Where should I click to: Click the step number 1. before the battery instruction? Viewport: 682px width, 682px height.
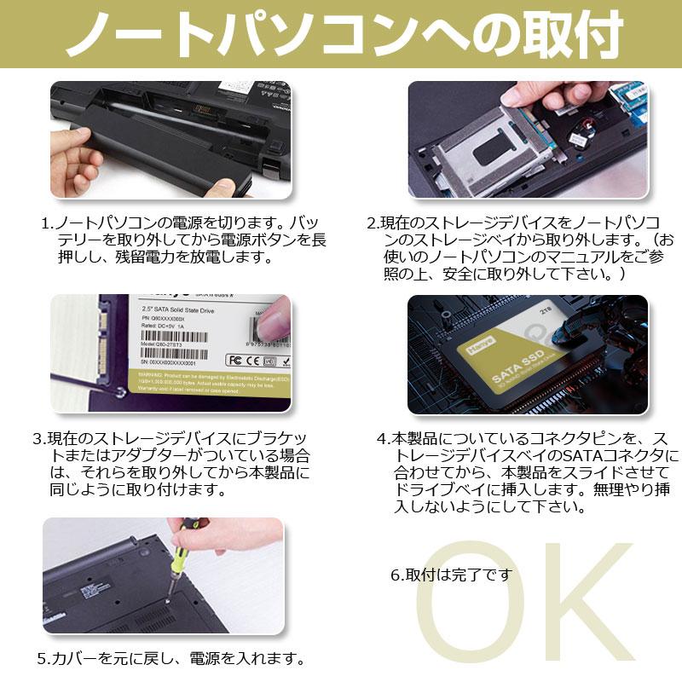(x=48, y=224)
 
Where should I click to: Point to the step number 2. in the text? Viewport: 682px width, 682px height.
(x=373, y=224)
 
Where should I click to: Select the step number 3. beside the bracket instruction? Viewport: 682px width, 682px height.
(x=39, y=439)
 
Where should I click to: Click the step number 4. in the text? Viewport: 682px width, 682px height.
(x=383, y=439)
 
